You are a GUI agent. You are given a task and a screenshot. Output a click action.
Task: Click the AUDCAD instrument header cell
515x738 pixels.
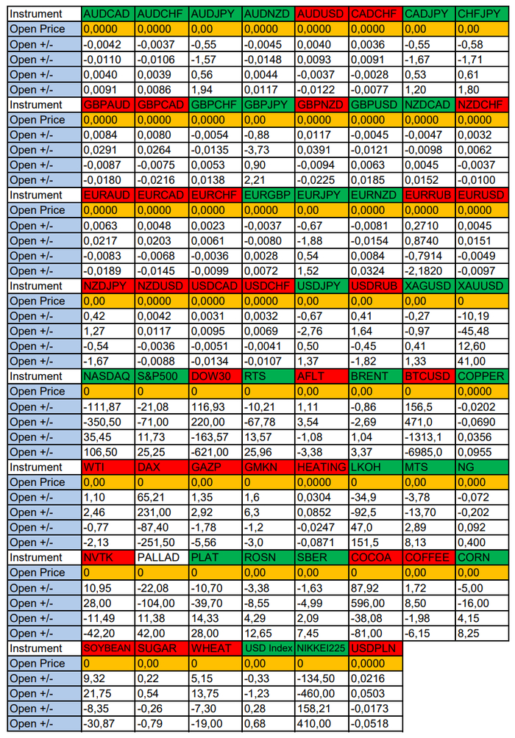107,14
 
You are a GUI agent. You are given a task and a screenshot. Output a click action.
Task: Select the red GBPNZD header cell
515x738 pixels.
322,104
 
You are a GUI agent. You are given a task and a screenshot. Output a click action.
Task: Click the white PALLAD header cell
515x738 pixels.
161,557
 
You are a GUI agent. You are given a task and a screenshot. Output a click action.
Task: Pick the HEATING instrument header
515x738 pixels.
322,467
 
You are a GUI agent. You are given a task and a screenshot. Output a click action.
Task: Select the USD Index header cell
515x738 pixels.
268,648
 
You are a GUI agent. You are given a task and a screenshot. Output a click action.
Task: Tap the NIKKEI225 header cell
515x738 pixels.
322,648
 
